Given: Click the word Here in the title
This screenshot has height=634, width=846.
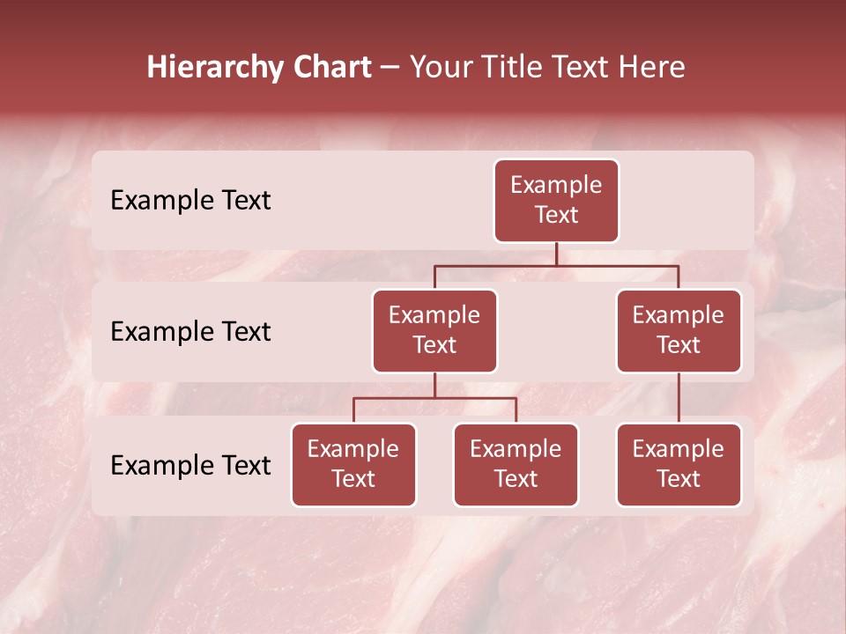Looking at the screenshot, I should pos(649,67).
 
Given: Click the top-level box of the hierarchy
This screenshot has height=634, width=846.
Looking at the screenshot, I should pos(556,200).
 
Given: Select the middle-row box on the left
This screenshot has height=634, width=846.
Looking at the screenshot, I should pos(434,330).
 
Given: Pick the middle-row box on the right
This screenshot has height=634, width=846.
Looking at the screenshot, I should pos(679,330).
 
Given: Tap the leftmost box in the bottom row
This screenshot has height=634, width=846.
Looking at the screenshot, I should pos(353,464).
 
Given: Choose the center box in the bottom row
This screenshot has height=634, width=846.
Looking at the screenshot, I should pos(516,464).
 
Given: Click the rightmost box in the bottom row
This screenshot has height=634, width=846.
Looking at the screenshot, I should pos(679,464).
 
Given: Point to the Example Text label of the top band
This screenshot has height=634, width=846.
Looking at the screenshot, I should pos(190,200).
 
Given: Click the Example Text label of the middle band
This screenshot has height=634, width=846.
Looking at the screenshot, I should pos(190,331).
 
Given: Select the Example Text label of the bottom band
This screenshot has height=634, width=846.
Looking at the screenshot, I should pos(190,465).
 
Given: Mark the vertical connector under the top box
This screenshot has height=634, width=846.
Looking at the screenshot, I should pos(556,254).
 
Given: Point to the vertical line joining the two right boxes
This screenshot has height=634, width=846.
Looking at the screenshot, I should pos(679,398).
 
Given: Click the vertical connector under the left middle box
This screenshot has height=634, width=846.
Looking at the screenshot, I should pos(434,385).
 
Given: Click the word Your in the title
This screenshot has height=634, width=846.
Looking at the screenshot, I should pos(439,67).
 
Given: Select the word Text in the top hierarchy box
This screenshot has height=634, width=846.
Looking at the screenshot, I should pos(556,215).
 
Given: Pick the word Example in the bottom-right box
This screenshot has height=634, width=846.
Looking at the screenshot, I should pos(679,449).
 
